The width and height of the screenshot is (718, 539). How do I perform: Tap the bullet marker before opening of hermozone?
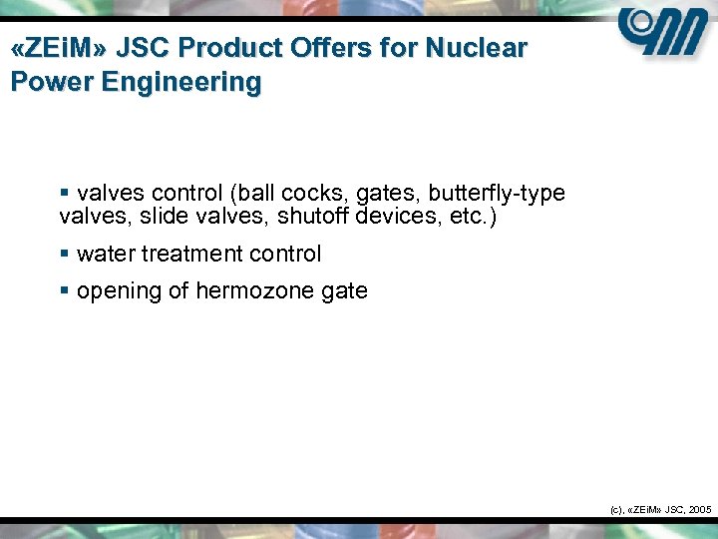pyautogui.click(x=65, y=291)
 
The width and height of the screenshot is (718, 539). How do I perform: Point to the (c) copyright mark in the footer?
pyautogui.click(x=615, y=509)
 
